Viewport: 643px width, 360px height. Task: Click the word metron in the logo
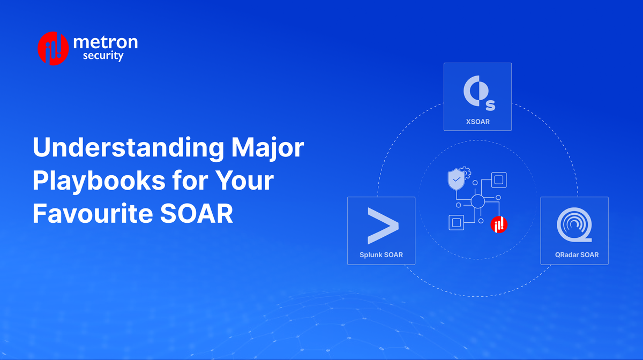(105, 42)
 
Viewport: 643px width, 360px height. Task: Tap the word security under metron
(103, 55)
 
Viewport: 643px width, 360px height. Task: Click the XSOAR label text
(477, 122)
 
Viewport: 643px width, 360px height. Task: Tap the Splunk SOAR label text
(381, 254)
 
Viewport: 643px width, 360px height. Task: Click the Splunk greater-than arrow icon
(383, 226)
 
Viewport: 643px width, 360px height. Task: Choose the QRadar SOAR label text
(574, 254)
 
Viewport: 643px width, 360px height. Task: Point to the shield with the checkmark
(456, 180)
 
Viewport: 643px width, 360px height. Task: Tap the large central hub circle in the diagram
(477, 201)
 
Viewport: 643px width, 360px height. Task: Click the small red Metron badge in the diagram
(499, 224)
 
